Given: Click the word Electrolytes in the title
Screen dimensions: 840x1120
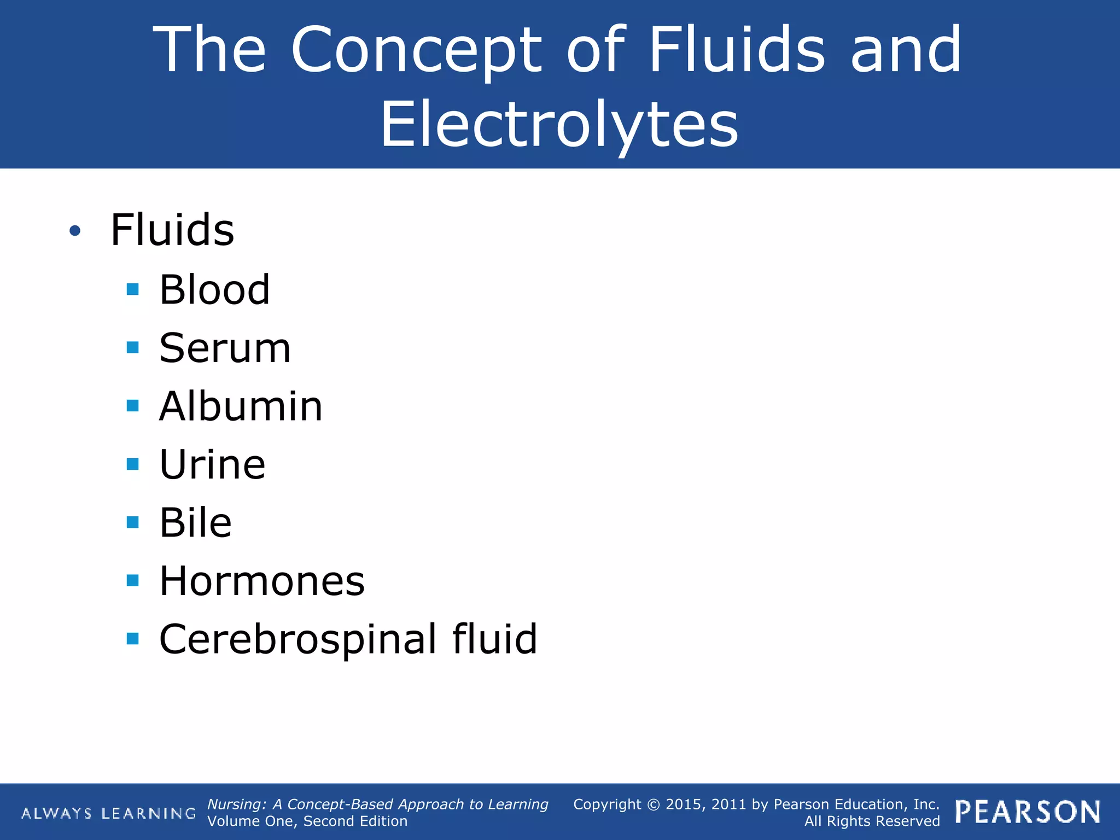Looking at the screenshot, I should tap(559, 125).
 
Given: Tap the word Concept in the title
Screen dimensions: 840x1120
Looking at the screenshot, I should tap(416, 50).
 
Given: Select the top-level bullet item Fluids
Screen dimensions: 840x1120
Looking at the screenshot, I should tap(172, 230).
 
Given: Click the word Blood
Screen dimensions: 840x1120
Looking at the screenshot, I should tap(214, 290).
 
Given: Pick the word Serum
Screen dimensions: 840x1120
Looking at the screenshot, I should tap(225, 348).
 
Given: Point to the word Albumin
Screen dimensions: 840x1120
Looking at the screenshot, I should tap(241, 407).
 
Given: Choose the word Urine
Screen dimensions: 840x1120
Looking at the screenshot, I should tap(212, 465).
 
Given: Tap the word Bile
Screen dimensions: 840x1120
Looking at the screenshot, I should tap(195, 523).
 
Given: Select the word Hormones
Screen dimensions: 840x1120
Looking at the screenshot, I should tap(262, 581).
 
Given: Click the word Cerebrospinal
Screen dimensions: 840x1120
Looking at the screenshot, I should tap(298, 639).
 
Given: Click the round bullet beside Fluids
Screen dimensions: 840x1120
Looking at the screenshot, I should tap(75, 231).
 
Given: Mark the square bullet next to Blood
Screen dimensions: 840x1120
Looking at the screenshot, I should tap(132, 289).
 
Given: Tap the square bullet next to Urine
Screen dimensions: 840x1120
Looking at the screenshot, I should tap(132, 464).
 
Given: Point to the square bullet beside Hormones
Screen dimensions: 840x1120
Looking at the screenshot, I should tap(132, 581).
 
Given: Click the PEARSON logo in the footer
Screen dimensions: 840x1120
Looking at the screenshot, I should tap(1028, 813).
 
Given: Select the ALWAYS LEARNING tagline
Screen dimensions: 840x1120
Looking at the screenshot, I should tap(108, 814).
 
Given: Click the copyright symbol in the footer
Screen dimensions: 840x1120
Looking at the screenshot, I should tap(654, 804).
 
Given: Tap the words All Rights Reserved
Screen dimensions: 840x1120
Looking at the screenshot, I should tap(872, 821).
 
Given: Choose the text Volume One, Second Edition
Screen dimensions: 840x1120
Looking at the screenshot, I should tap(307, 821).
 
